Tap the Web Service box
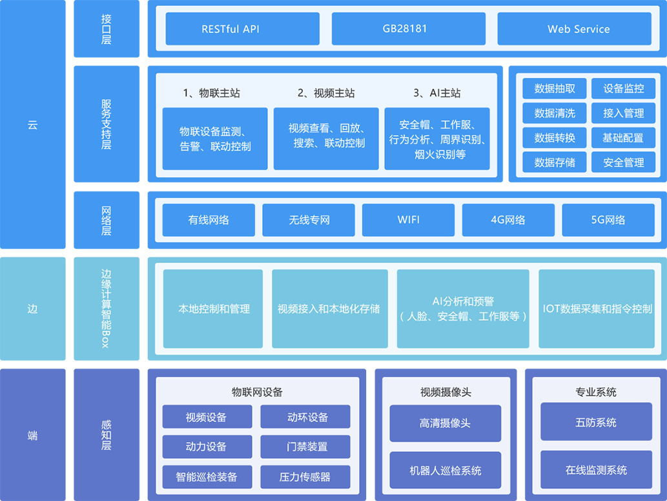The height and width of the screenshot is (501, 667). point(578,29)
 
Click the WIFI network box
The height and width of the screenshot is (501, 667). point(408,220)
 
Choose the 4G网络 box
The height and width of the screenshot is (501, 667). point(508,220)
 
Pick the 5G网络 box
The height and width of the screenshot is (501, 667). point(608,220)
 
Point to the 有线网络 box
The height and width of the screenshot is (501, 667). point(209,220)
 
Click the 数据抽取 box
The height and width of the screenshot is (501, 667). point(555,89)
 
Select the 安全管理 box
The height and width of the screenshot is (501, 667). point(623,162)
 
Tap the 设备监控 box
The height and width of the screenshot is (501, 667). point(623,89)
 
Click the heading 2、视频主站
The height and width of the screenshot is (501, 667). point(326,93)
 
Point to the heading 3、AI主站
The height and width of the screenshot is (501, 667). point(437,93)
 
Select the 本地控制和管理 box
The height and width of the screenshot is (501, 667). point(213,309)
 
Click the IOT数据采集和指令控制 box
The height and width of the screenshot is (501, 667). point(597,309)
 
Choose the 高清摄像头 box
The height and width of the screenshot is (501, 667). point(445,423)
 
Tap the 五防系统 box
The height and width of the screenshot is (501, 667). point(596,423)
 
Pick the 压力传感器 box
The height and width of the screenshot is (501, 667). point(305,477)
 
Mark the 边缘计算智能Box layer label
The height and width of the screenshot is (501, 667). point(107,309)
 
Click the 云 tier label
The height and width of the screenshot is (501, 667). point(32,125)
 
